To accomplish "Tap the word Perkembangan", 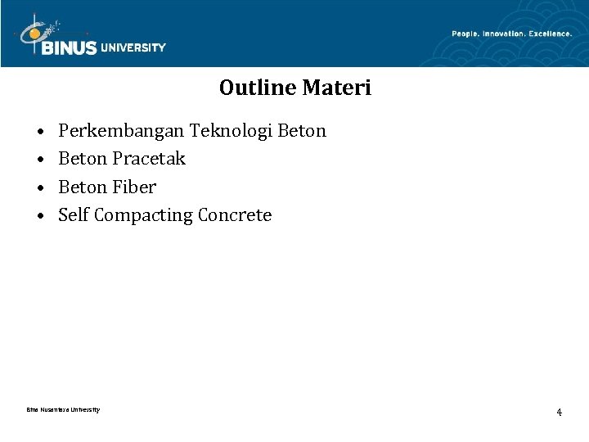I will point(122,131).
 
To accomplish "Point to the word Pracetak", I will point(149,159).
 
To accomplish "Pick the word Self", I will point(74,215).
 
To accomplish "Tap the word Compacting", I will point(144,216).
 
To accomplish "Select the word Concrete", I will point(235,215).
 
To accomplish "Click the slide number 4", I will point(559,412).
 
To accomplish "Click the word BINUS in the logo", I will point(68,47).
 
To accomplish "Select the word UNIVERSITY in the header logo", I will point(133,47).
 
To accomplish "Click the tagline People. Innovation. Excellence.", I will point(511,34).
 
